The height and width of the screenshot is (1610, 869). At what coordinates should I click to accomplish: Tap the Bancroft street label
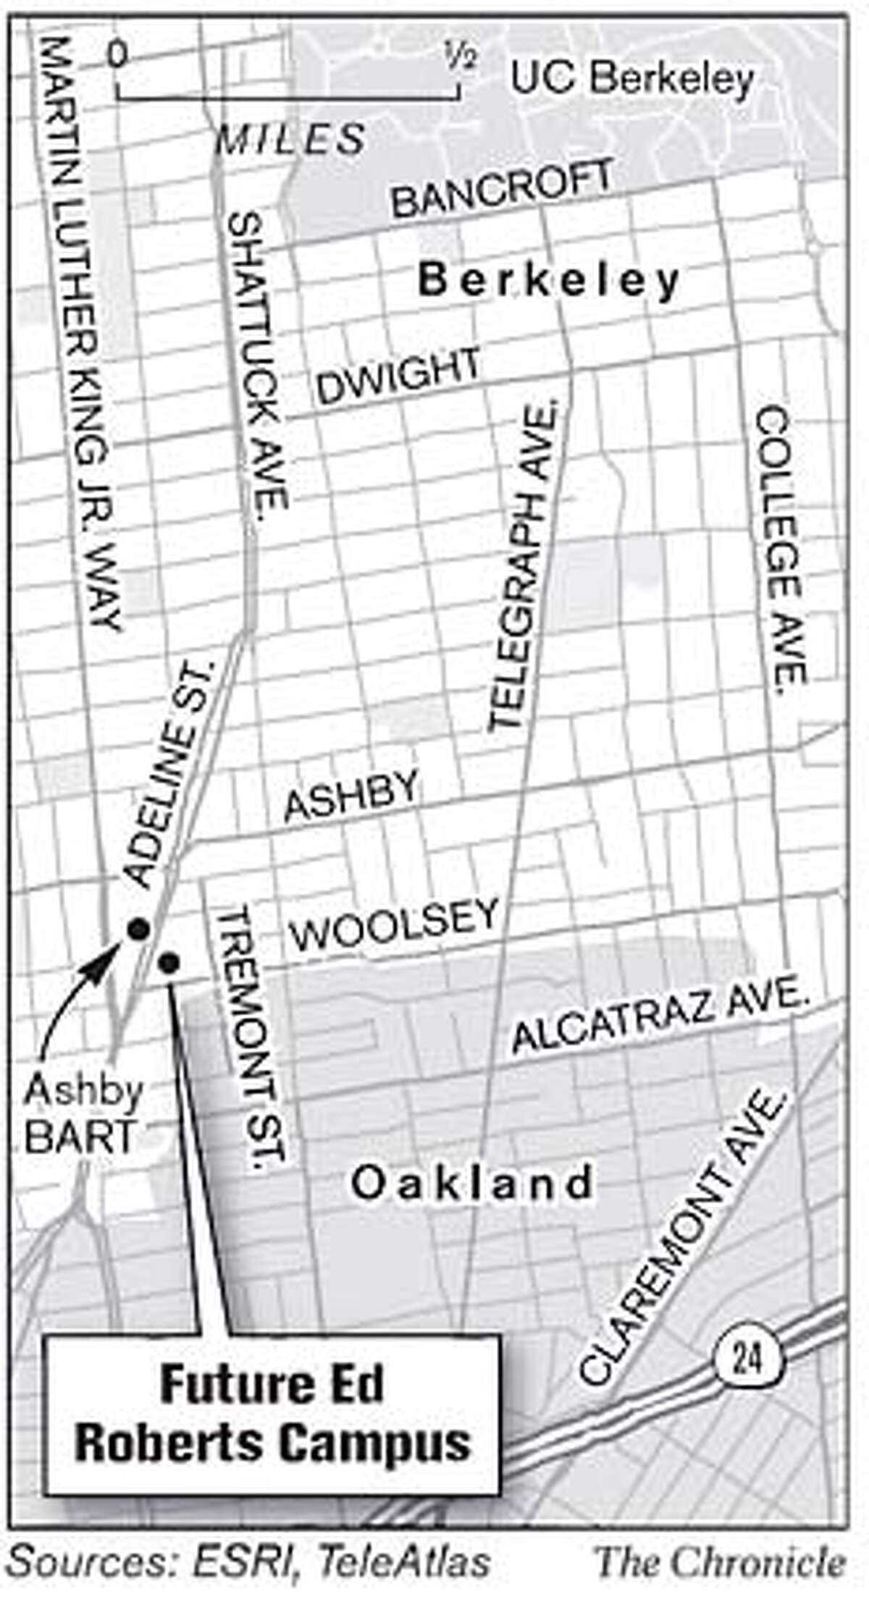tap(502, 189)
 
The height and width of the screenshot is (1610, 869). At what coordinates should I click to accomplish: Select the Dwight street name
tap(399, 376)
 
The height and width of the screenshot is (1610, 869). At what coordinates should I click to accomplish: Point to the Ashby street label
tap(352, 796)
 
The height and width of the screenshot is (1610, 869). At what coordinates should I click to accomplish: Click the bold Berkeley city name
tap(549, 280)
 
